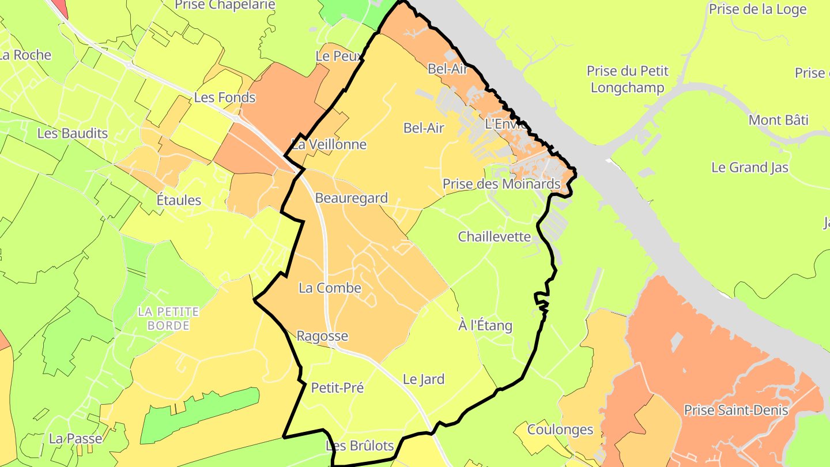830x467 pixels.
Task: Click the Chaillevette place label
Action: (x=494, y=237)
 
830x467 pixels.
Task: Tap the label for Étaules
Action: (x=179, y=200)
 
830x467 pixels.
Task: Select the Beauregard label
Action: (x=351, y=198)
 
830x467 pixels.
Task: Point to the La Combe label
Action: (x=330, y=288)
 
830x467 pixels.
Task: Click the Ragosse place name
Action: (x=322, y=336)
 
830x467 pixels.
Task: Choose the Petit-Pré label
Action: (x=337, y=388)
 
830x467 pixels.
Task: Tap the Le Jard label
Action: (x=424, y=379)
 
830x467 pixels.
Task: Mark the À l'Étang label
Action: (x=485, y=326)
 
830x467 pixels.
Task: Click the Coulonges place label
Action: (x=560, y=430)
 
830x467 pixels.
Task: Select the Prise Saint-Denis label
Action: (x=736, y=410)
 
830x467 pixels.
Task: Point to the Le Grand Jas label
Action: (x=750, y=168)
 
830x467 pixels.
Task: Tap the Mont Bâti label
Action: (x=778, y=120)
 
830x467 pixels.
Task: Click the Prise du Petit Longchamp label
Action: (x=628, y=80)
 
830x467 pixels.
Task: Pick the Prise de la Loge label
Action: (x=757, y=9)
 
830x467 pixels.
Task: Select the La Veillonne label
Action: (x=329, y=145)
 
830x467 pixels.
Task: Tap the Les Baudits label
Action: (x=73, y=134)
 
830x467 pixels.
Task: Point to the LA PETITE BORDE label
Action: (x=168, y=318)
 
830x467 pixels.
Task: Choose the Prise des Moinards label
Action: (x=501, y=184)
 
